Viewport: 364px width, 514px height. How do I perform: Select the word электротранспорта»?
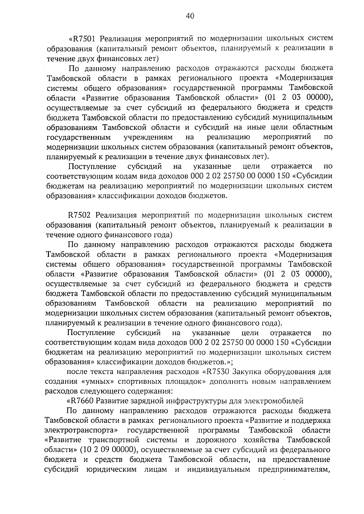pos(82,430)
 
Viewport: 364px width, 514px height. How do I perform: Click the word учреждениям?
pos(148,137)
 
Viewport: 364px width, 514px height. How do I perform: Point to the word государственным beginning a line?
pos(79,137)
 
